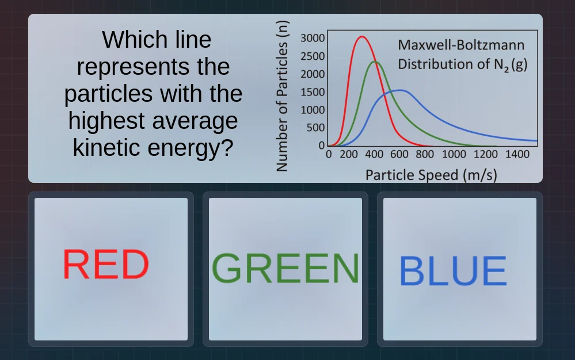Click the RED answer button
click(x=111, y=269)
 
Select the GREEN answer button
click(x=285, y=269)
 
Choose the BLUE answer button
click(x=459, y=269)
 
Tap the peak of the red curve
click(x=361, y=37)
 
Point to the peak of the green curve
click(x=375, y=62)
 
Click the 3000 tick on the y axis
click(x=313, y=39)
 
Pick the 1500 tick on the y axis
click(x=313, y=92)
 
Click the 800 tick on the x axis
click(x=425, y=154)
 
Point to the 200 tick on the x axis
click(x=349, y=154)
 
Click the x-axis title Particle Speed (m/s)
click(x=431, y=174)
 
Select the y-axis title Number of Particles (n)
click(x=281, y=96)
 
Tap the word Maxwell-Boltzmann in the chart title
click(x=461, y=45)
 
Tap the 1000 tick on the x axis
click(x=454, y=154)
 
